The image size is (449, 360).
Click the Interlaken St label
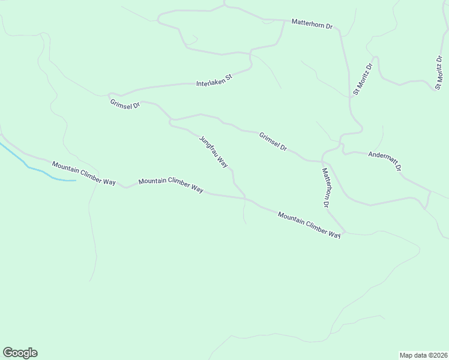coord(214,80)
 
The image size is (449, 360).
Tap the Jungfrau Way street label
coord(214,151)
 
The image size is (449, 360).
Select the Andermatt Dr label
coord(384,161)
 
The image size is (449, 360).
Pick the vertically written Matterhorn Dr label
coord(327,187)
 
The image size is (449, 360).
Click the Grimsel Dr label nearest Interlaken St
coord(125,104)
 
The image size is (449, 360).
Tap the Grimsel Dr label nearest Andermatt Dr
coord(273,142)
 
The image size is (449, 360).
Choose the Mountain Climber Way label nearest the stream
coord(83,173)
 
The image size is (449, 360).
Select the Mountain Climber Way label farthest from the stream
coord(309,224)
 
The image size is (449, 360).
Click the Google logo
coord(20,353)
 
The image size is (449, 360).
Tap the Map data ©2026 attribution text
coord(423,355)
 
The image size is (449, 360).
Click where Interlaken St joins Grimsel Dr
coord(110,95)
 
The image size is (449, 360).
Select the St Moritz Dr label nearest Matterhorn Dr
coord(363,79)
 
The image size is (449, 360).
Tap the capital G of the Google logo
coord(8,353)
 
